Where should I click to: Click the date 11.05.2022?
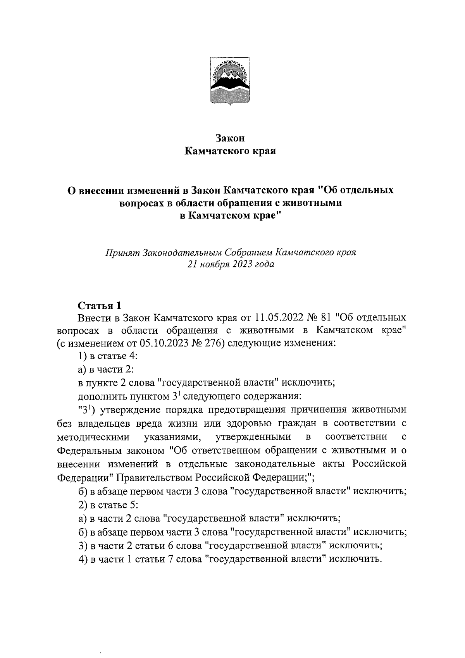click(x=277, y=318)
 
